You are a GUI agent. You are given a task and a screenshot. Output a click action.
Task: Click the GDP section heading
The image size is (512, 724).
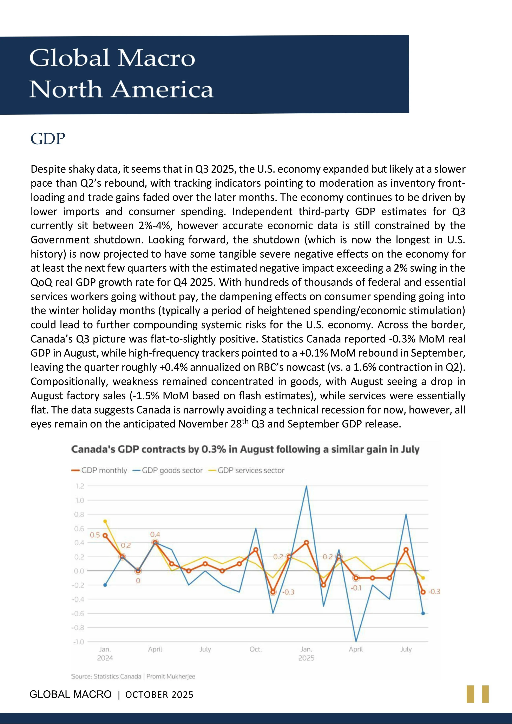48,139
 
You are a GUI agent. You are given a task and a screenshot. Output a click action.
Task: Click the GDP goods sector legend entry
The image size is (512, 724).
168,471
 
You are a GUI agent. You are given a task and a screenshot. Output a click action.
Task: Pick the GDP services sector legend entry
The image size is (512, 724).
247,471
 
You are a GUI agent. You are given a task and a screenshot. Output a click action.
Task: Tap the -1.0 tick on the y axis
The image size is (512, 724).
79,642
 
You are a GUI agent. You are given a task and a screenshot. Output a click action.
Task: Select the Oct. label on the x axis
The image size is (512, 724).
256,649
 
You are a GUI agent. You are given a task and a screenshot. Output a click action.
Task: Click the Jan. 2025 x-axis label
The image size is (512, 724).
306,653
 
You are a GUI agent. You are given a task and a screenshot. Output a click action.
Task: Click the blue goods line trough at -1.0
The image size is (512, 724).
356,641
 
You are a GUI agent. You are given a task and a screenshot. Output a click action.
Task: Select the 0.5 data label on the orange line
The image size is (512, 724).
95,535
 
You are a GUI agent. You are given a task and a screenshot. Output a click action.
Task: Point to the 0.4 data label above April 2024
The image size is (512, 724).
155,534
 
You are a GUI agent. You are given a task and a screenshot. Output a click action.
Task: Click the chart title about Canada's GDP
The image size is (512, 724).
245,449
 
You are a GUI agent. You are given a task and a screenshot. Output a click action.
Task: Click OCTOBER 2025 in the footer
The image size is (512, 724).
159,695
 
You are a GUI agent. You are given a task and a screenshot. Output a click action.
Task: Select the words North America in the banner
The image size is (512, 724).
122,89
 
